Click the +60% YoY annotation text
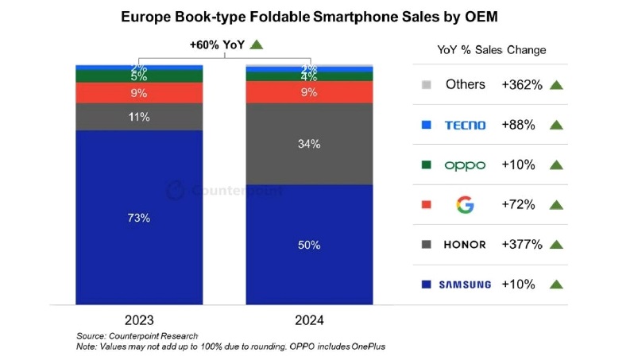(x=215, y=45)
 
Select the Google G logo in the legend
(x=465, y=204)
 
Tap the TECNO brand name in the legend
(x=466, y=125)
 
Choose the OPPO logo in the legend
(x=465, y=165)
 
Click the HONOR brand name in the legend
(x=465, y=244)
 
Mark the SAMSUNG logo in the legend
(x=465, y=284)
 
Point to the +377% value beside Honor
(x=522, y=244)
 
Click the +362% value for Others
(x=522, y=84)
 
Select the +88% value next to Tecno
(x=519, y=125)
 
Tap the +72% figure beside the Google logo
(x=519, y=204)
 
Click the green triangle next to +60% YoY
(x=256, y=45)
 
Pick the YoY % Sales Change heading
(x=492, y=49)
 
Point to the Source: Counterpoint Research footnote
(x=137, y=336)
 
